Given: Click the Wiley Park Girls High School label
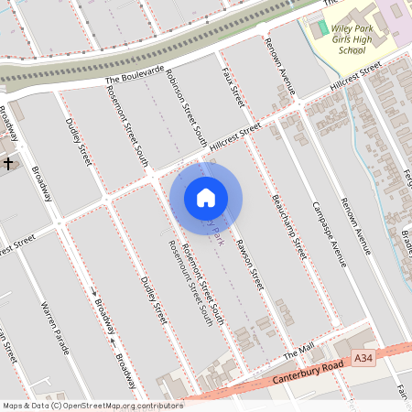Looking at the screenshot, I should click(339, 39).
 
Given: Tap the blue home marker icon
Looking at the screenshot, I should click(206, 198).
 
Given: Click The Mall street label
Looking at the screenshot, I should click(298, 352).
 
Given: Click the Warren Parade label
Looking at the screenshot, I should click(55, 327).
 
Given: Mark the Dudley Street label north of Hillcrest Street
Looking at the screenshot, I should click(79, 141).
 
